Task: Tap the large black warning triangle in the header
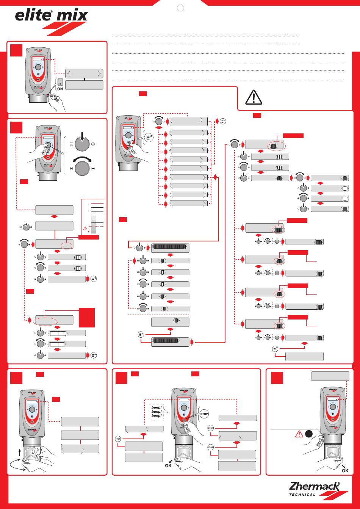254,97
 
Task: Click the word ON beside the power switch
60,89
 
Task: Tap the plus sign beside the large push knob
93,144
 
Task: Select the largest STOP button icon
204,414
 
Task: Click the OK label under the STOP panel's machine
168,465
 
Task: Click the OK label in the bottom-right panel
344,470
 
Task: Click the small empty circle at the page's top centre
181,8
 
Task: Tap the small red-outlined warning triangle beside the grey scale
85,228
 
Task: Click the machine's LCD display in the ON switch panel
38,60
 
